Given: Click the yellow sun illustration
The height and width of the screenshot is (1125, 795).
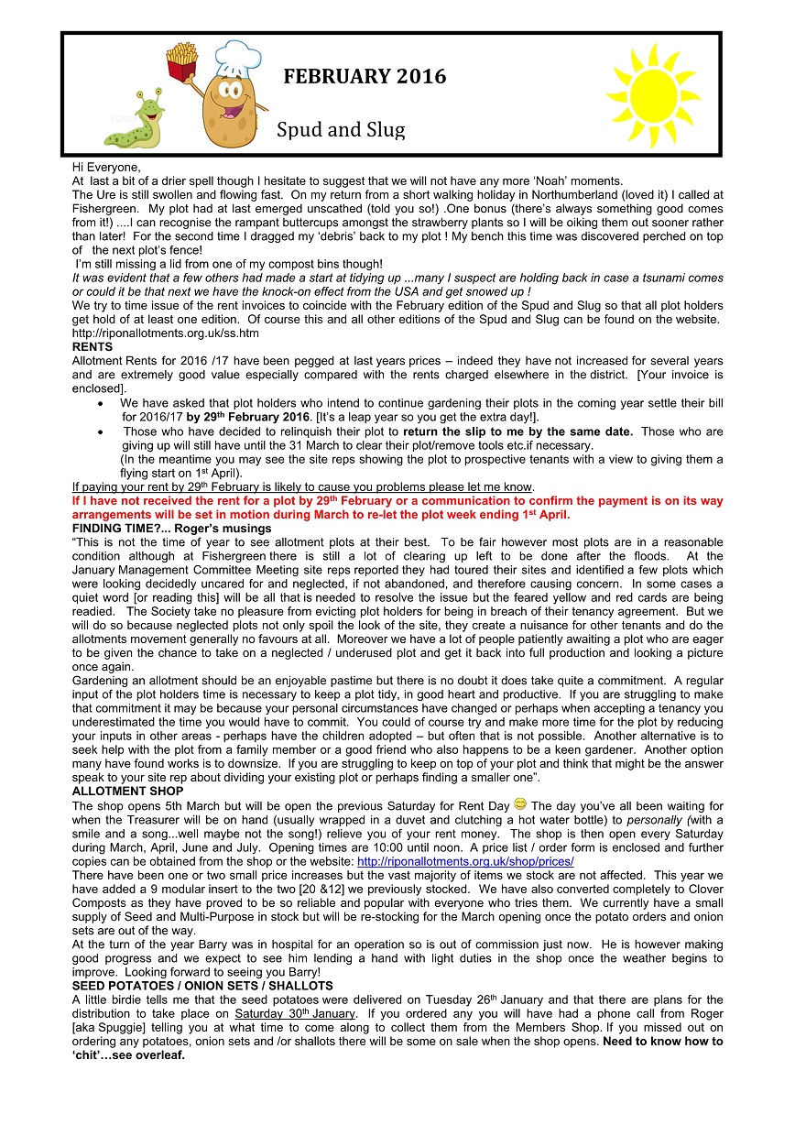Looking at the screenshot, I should pos(652,93).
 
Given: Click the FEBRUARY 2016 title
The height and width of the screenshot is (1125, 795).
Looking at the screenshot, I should pos(365,77).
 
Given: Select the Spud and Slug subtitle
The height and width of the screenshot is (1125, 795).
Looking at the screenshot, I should pos(341,130).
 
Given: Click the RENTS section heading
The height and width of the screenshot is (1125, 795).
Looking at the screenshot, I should pos(93,347).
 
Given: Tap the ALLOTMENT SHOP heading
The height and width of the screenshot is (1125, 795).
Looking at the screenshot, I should pos(128,791).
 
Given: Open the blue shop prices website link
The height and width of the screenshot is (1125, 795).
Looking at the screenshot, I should pos(465,862).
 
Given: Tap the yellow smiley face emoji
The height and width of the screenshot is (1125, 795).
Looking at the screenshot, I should pos(519,804).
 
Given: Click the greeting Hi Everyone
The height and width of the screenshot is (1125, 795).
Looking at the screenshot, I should pos(107,168).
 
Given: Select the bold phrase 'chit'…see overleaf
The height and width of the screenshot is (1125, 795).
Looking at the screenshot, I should pos(129,1054).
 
